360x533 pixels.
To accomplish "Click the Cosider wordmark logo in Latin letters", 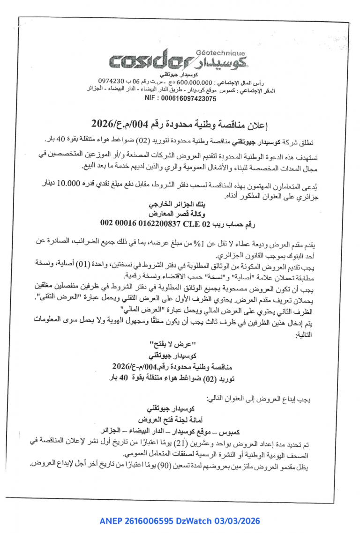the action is (x=151, y=61).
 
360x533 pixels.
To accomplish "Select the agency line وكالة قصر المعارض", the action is (x=180, y=215).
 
